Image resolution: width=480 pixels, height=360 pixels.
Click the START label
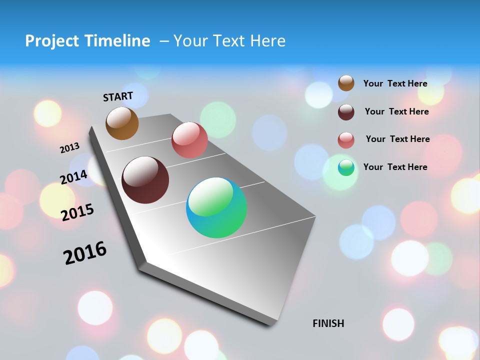(118, 96)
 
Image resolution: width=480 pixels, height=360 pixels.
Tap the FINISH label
(328, 323)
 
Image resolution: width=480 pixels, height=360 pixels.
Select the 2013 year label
(69, 148)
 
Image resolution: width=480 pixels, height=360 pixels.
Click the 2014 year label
(74, 177)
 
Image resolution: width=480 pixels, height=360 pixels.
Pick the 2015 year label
(77, 212)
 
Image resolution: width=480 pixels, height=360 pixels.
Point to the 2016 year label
(85, 253)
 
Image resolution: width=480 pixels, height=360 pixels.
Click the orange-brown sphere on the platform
(122, 123)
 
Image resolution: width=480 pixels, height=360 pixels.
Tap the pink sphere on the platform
(189, 140)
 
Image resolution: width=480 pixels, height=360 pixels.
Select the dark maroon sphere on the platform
(145, 180)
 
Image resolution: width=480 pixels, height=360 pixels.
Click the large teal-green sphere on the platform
(216, 207)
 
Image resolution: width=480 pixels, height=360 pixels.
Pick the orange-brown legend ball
(346, 83)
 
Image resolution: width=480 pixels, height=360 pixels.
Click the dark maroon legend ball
(346, 112)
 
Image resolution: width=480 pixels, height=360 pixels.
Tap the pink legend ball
(346, 140)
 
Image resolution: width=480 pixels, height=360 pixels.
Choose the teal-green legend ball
(346, 167)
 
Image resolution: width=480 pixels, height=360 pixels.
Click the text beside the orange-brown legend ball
(395, 83)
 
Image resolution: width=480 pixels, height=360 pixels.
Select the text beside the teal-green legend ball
(395, 167)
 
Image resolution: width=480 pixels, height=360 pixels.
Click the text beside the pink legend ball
(397, 139)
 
